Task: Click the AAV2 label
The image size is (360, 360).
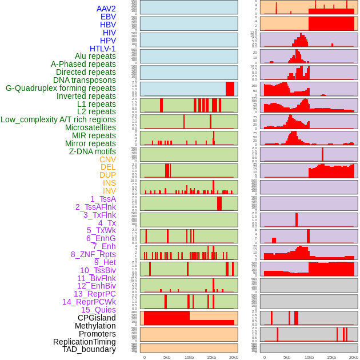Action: pyautogui.click(x=106, y=9)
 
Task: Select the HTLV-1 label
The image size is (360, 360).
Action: pyautogui.click(x=103, y=49)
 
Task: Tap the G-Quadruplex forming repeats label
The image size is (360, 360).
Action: pyautogui.click(x=61, y=89)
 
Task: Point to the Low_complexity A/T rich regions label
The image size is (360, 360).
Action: pyautogui.click(x=58, y=119)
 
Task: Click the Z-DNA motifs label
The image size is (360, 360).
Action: pyautogui.click(x=93, y=151)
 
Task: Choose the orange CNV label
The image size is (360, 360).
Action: pyautogui.click(x=107, y=159)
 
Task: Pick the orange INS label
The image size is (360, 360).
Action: pyautogui.click(x=109, y=183)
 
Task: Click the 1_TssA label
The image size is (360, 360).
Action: pyautogui.click(x=103, y=199)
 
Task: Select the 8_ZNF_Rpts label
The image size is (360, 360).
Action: pyautogui.click(x=93, y=254)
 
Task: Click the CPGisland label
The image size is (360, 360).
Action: pyautogui.click(x=97, y=318)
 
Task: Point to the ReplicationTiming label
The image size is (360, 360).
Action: pyautogui.click(x=85, y=342)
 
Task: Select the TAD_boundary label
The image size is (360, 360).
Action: pyautogui.click(x=89, y=349)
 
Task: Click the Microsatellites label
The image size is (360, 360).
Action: pyautogui.click(x=90, y=127)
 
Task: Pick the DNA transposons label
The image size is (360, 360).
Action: pyautogui.click(x=85, y=80)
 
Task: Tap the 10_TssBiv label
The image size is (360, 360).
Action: pyautogui.click(x=98, y=270)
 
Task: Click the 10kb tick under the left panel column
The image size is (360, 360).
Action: pyautogui.click(x=189, y=357)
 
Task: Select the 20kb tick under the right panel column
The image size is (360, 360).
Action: pyautogui.click(x=354, y=357)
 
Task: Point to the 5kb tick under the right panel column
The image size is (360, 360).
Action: pyautogui.click(x=287, y=357)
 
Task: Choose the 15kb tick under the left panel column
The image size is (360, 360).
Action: pyautogui.click(x=211, y=357)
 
